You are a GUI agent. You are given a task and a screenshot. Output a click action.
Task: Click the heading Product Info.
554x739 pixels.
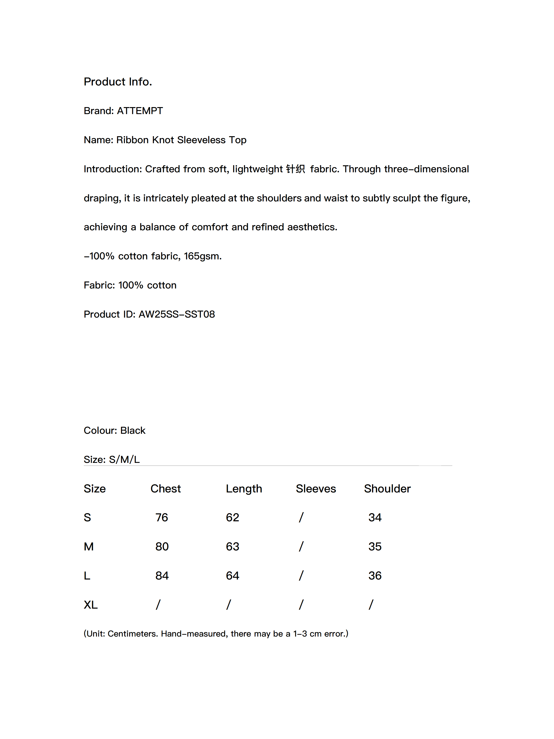tap(118, 81)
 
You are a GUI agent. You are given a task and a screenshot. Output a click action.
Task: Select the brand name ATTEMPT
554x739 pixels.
tap(140, 111)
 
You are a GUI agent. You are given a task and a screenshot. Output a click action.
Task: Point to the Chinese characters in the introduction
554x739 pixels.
tap(295, 169)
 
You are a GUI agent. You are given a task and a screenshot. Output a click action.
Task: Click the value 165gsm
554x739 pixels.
tap(202, 256)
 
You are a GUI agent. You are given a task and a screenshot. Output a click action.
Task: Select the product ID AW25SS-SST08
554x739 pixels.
tap(177, 314)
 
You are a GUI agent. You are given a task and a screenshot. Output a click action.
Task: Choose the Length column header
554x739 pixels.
tap(244, 488)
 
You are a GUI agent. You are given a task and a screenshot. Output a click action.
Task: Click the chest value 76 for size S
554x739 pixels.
tap(162, 518)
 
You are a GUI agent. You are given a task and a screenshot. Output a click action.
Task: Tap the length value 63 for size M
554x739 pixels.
tap(232, 546)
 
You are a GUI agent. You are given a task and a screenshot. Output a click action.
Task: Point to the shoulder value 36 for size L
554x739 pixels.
tap(375, 576)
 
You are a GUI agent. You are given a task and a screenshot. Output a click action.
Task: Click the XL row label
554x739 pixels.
tap(91, 605)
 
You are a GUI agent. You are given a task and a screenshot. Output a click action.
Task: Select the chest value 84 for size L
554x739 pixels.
tap(162, 576)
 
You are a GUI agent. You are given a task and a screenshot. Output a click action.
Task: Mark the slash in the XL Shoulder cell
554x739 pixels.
tap(371, 605)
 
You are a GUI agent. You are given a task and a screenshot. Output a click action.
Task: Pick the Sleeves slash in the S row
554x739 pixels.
tap(301, 518)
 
